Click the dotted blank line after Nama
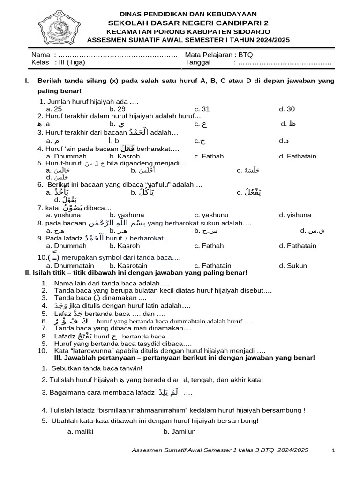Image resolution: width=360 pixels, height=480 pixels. (x=118, y=55)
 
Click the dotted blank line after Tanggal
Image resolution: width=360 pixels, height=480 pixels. (x=285, y=62)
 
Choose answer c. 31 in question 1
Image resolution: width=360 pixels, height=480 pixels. (x=202, y=109)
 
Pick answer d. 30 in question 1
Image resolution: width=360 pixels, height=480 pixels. (x=287, y=109)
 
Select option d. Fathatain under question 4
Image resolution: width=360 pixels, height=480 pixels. (x=298, y=156)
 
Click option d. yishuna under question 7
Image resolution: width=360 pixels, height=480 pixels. (x=295, y=215)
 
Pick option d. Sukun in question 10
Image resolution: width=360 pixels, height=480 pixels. (x=293, y=266)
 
